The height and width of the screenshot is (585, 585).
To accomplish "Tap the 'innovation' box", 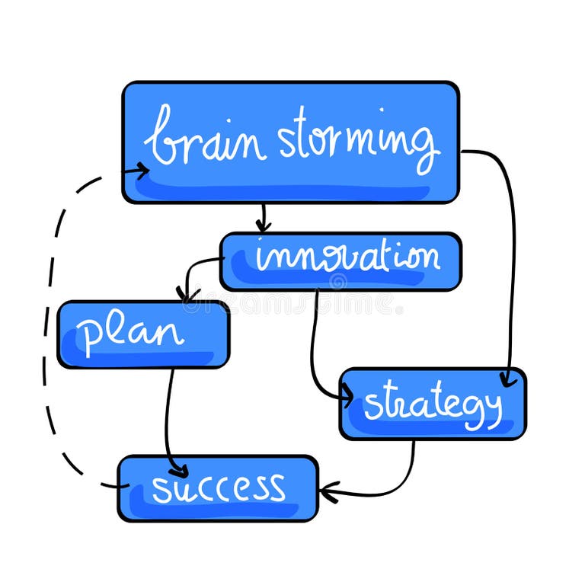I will click(340, 261).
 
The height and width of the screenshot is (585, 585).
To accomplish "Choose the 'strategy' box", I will click(432, 404).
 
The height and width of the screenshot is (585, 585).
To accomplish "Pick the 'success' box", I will click(218, 487).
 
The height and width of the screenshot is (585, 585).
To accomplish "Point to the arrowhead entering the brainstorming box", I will click(141, 171).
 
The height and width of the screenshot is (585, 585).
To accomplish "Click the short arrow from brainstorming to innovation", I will click(263, 216).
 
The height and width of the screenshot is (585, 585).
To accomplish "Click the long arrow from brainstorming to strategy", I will click(509, 251).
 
